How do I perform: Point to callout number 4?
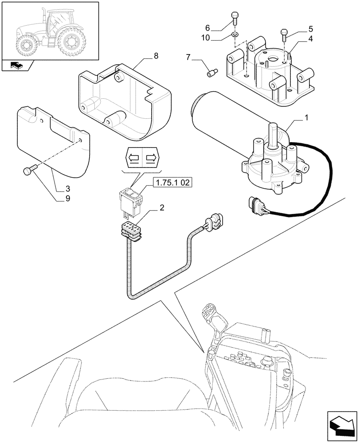pos(310,39)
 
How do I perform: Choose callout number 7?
pos(188,58)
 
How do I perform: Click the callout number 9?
pos(67,199)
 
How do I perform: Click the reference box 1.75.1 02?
pos(172,182)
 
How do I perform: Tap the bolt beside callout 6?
pos(235,18)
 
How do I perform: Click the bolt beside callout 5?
pos(284,33)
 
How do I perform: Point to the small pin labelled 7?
pos(211,72)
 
